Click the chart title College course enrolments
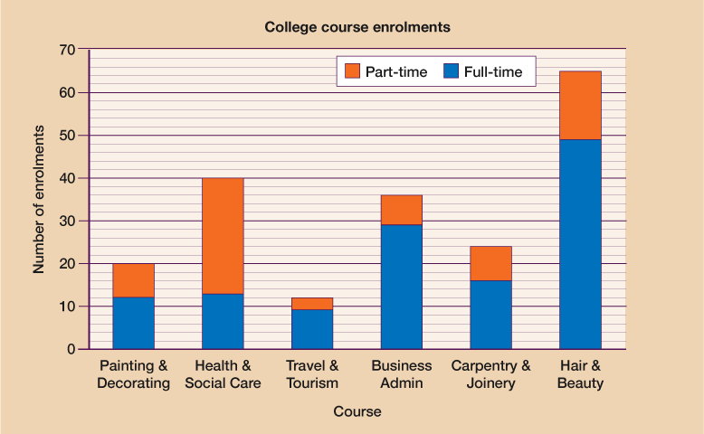[357, 27]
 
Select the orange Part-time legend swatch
[352, 71]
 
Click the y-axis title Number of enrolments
[39, 200]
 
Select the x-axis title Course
[357, 411]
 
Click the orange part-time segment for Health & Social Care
[223, 235]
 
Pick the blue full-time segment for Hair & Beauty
[580, 244]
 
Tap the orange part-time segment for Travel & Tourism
[312, 304]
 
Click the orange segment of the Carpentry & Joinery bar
[490, 263]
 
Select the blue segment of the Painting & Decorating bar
[133, 323]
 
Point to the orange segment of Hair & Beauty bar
[580, 105]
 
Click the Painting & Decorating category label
[133, 374]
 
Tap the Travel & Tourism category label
[312, 374]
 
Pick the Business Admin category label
[401, 374]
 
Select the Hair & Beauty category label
[580, 374]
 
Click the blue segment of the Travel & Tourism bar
[312, 329]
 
